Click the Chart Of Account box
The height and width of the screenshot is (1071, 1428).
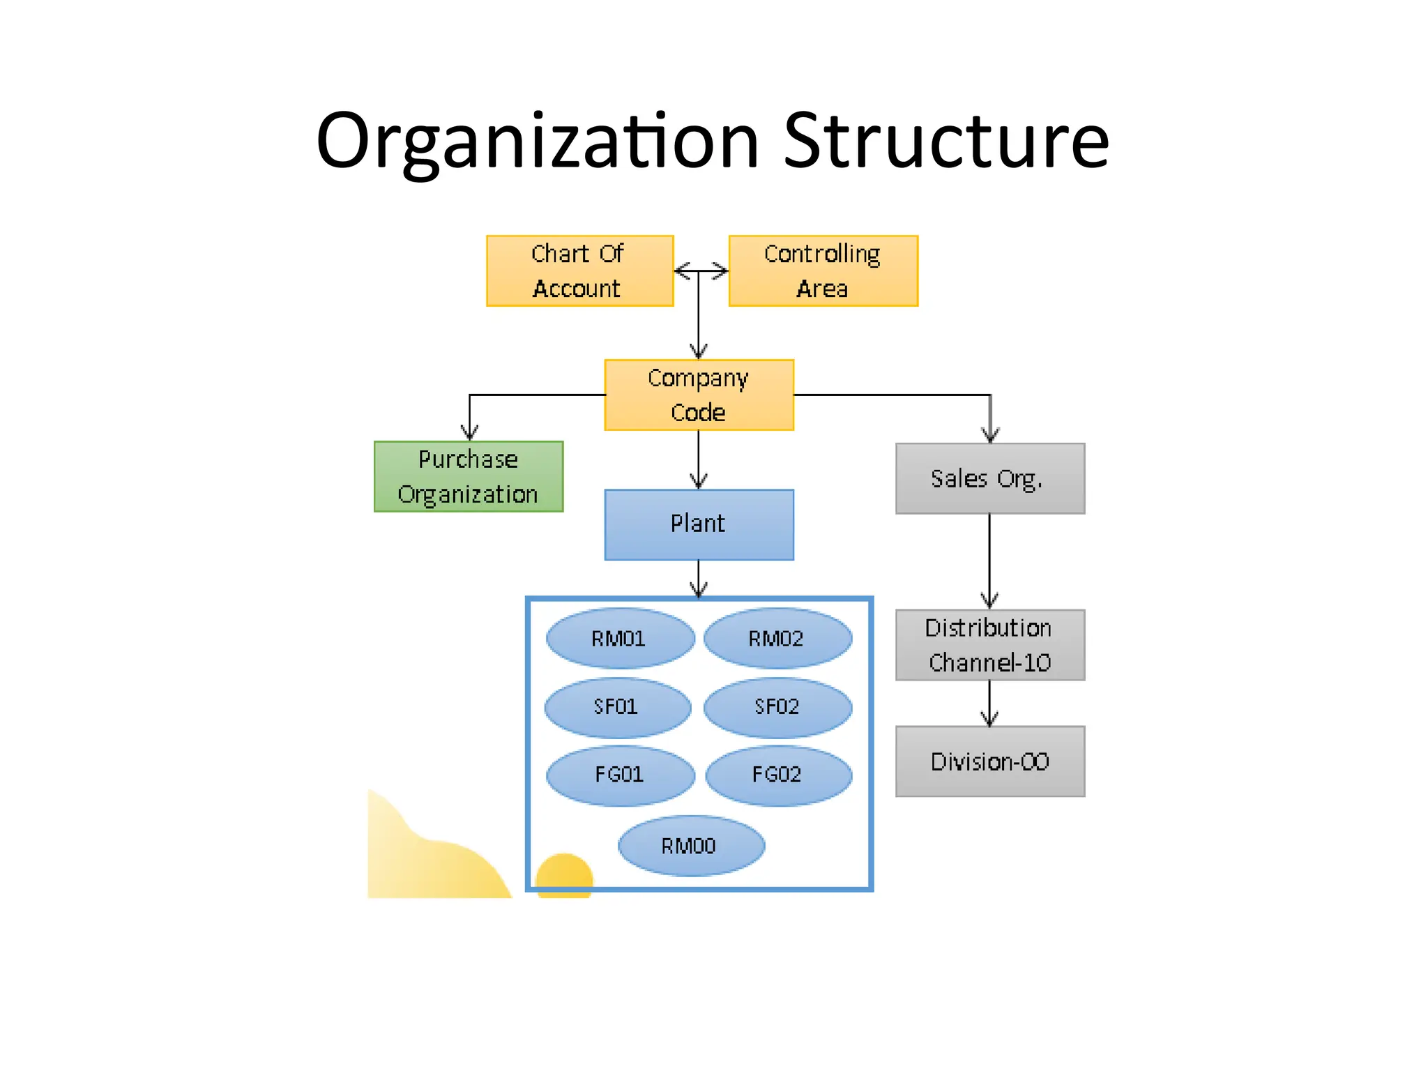pyautogui.click(x=579, y=271)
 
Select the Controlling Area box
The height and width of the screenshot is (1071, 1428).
pyautogui.click(x=823, y=271)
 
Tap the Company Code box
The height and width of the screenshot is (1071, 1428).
pyautogui.click(x=699, y=395)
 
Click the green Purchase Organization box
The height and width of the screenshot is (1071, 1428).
pyautogui.click(x=468, y=476)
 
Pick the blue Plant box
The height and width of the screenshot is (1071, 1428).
pyautogui.click(x=699, y=524)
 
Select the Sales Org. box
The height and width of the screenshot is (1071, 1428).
pyautogui.click(x=989, y=478)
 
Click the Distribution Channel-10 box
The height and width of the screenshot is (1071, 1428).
pyautogui.click(x=989, y=645)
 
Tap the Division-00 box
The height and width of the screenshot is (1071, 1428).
pyautogui.click(x=989, y=761)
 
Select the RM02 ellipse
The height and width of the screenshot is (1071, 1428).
pyautogui.click(x=777, y=639)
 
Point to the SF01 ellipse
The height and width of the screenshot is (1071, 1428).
pyautogui.click(x=617, y=707)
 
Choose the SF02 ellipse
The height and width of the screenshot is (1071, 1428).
pyautogui.click(x=777, y=707)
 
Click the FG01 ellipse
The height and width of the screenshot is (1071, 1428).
pyautogui.click(x=620, y=775)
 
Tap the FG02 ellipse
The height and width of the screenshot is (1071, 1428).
pyautogui.click(x=778, y=775)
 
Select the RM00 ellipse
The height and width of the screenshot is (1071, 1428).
pyautogui.click(x=691, y=846)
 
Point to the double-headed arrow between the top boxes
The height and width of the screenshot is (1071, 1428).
pyautogui.click(x=701, y=271)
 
